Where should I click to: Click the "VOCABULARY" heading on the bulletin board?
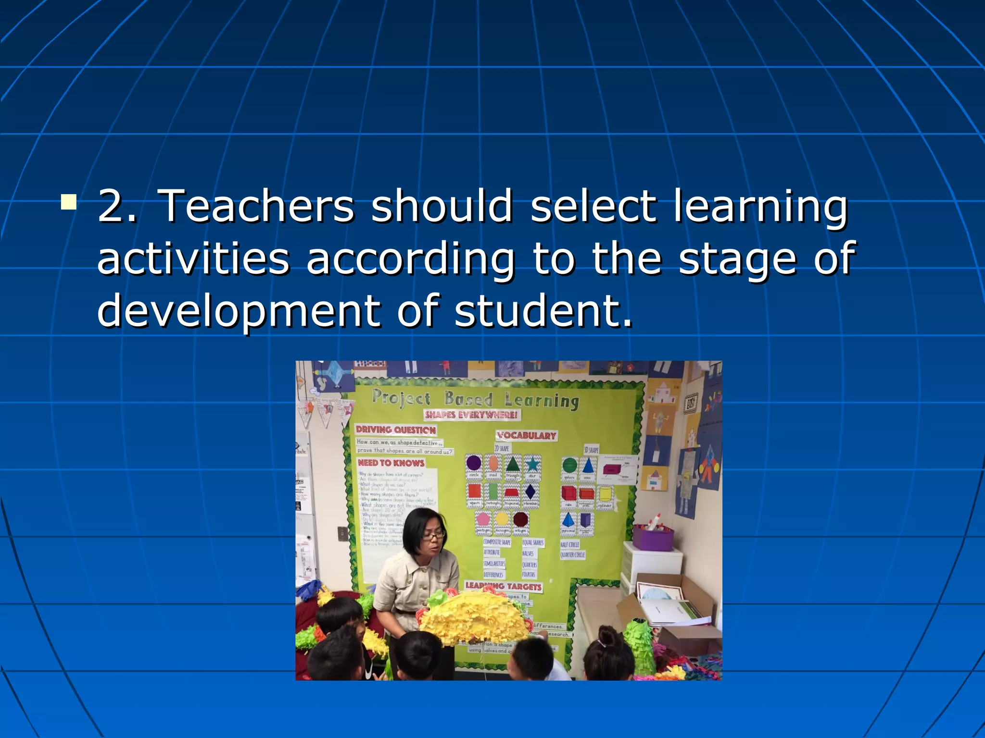click(x=527, y=436)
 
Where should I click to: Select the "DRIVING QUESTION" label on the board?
click(x=396, y=430)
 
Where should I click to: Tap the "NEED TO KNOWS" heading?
click(x=391, y=463)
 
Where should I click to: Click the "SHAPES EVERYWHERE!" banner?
click(x=471, y=415)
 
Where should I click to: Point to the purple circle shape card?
click(x=474, y=465)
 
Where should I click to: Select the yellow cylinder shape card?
click(x=605, y=496)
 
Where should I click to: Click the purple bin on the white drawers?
click(x=653, y=538)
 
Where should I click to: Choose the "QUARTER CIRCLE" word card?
click(x=572, y=555)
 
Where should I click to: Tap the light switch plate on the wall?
click(x=342, y=533)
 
